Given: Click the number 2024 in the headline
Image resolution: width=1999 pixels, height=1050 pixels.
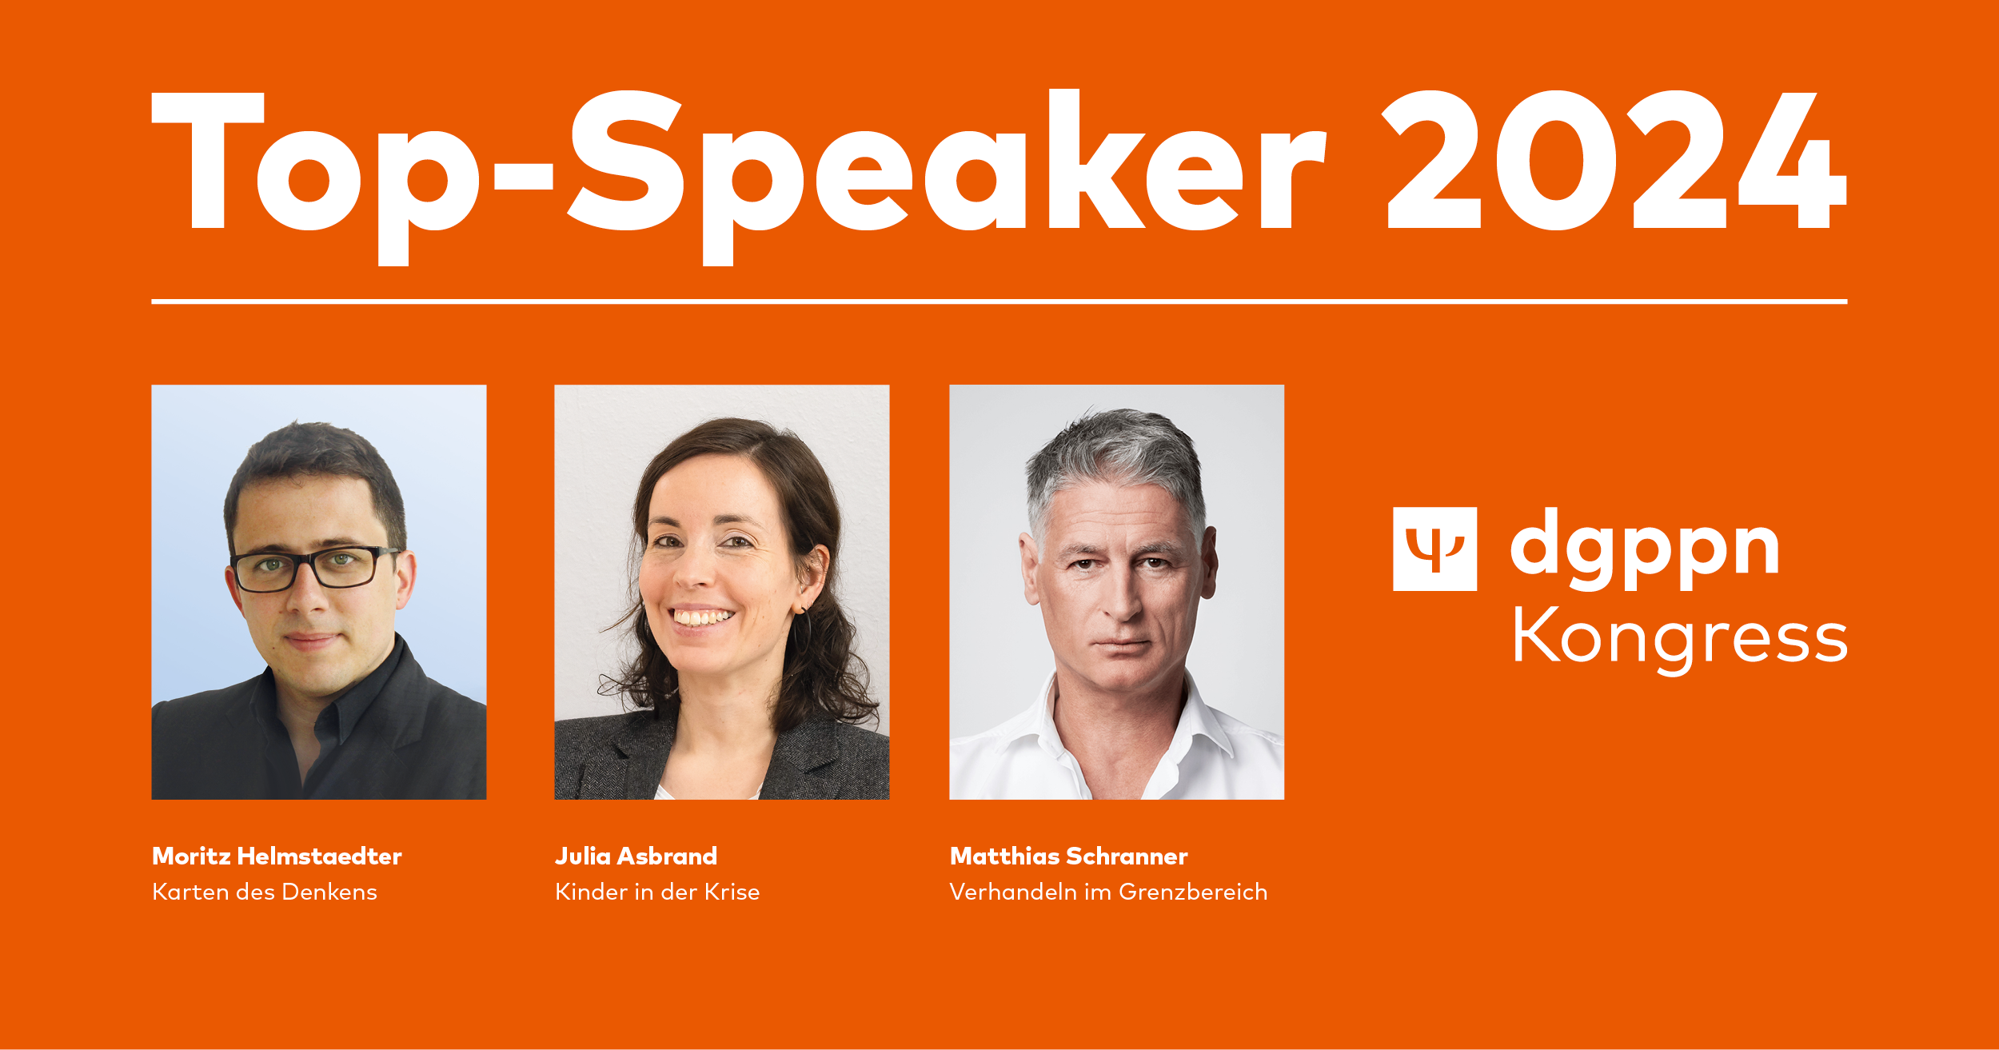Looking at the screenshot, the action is [x=1616, y=160].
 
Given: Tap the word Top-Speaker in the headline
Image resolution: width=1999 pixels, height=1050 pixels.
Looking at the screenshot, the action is [x=739, y=177].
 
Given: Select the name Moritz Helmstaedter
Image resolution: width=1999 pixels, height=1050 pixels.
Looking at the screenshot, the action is [x=277, y=856].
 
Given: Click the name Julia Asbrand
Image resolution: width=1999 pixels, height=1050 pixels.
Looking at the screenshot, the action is [x=636, y=856].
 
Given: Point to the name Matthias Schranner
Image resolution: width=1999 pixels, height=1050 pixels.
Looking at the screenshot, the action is [x=1068, y=856].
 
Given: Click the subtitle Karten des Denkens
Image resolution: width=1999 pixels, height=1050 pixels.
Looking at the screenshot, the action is [x=264, y=892].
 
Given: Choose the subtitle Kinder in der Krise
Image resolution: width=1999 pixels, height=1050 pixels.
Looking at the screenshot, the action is [x=657, y=892].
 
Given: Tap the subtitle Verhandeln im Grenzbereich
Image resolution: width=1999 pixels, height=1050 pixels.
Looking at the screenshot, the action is [x=1108, y=892].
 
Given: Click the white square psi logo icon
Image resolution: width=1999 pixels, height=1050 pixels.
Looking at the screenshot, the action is [x=1434, y=549].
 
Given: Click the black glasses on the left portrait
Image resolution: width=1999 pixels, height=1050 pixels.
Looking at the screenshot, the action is [x=313, y=569].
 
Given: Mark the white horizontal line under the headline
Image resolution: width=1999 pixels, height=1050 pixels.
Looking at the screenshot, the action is [x=999, y=301].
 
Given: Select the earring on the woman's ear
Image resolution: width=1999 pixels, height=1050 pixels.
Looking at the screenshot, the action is [x=804, y=620].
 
